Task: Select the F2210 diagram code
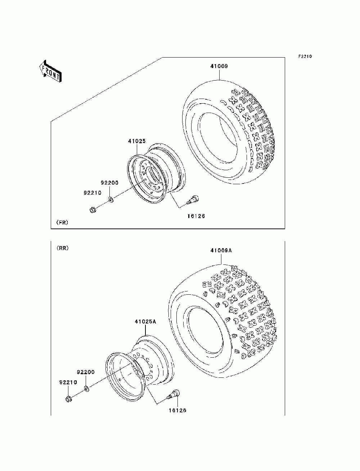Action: (304, 56)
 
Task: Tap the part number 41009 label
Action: (219, 66)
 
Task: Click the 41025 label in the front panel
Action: (137, 141)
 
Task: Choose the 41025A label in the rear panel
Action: (145, 321)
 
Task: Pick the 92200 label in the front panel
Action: (109, 183)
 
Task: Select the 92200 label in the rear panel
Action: (86, 372)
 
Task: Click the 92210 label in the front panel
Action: (93, 193)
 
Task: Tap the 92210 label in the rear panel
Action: (68, 382)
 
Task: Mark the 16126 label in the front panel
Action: (196, 216)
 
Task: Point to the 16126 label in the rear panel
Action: (177, 410)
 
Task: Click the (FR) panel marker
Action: (62, 222)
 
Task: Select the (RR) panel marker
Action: (62, 248)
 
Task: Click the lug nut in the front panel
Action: (92, 209)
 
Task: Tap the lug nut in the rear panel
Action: (69, 399)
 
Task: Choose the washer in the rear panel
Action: (86, 388)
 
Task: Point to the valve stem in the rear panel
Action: (175, 394)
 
